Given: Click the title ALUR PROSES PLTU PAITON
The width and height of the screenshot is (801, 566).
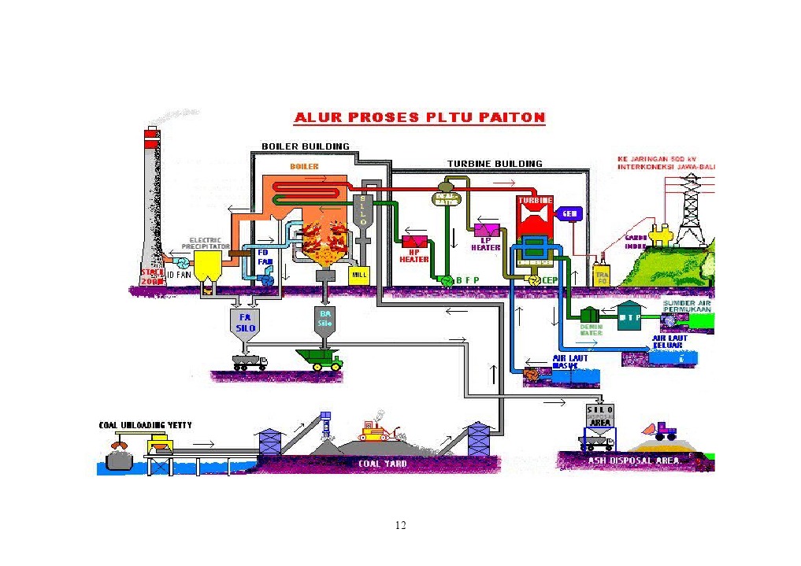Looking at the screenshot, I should pyautogui.click(x=419, y=118).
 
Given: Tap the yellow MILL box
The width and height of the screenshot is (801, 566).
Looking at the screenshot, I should pyautogui.click(x=359, y=276).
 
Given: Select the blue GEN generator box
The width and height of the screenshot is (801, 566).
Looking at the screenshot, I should pyautogui.click(x=569, y=214).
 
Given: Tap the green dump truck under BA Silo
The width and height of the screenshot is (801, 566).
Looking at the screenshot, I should pyautogui.click(x=319, y=360).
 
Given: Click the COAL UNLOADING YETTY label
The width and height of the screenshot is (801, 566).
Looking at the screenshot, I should pyautogui.click(x=145, y=425).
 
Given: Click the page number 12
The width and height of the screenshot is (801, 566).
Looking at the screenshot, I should pyautogui.click(x=400, y=525).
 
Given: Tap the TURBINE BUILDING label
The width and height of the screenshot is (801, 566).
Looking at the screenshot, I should pyautogui.click(x=495, y=164).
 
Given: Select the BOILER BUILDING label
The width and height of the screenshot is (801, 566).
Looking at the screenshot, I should pyautogui.click(x=306, y=146).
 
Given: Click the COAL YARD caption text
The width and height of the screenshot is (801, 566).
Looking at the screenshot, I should pyautogui.click(x=383, y=464).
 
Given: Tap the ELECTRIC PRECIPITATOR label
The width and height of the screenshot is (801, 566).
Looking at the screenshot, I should pyautogui.click(x=206, y=243).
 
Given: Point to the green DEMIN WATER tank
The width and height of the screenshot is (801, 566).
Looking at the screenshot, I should pyautogui.click(x=590, y=318).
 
